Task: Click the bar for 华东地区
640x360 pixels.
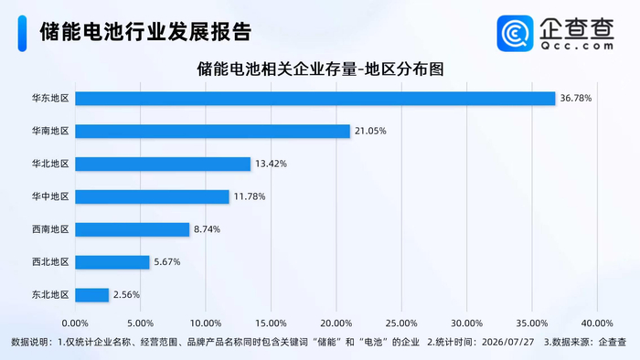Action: pyautogui.click(x=315, y=99)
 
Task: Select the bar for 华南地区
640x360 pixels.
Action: pyautogui.click(x=213, y=132)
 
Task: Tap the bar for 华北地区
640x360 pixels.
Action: pyautogui.click(x=163, y=164)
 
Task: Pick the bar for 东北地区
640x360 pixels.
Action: pyautogui.click(x=91, y=295)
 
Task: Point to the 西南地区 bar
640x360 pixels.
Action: pyautogui.click(x=133, y=229)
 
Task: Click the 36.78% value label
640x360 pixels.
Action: pyautogui.click(x=575, y=99)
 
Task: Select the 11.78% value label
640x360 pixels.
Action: pyautogui.click(x=250, y=196)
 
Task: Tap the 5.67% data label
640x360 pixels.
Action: pyautogui.click(x=167, y=261)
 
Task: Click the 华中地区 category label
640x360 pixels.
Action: pyautogui.click(x=50, y=196)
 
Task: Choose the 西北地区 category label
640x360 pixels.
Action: pyautogui.click(x=50, y=261)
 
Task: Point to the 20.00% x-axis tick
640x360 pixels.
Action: pyautogui.click(x=336, y=323)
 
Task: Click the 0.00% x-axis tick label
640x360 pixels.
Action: pyautogui.click(x=75, y=323)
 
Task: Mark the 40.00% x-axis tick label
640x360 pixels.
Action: pyautogui.click(x=597, y=323)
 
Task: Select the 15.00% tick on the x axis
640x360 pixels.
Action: pyautogui.click(x=271, y=323)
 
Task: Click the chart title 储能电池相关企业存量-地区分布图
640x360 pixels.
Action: pyautogui.click(x=320, y=69)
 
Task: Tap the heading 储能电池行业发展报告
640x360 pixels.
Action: pyautogui.click(x=145, y=32)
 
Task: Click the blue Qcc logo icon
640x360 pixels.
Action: pyautogui.click(x=515, y=34)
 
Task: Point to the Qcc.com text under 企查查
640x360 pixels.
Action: pyautogui.click(x=577, y=46)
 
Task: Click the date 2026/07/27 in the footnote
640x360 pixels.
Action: pyautogui.click(x=507, y=342)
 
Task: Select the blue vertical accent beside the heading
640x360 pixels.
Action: pyautogui.click(x=23, y=34)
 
